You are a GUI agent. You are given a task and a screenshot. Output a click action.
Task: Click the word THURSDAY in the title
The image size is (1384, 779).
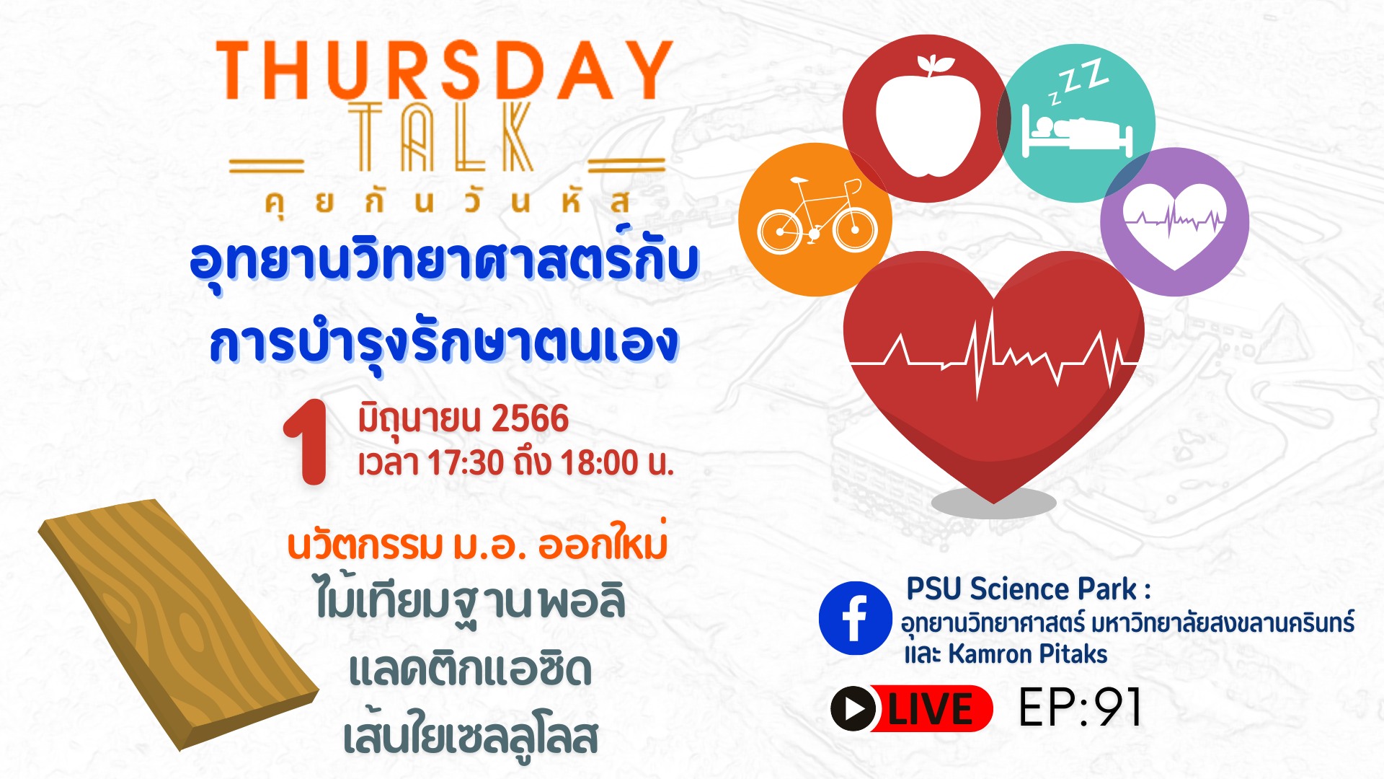pos(444,70)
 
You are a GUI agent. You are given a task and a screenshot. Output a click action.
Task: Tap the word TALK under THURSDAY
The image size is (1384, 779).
pos(441,137)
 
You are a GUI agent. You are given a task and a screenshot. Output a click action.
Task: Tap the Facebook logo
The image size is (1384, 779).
pos(855,618)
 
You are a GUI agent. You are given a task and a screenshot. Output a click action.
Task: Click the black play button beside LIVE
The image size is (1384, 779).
pos(853,708)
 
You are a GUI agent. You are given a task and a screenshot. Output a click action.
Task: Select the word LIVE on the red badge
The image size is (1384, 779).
pos(930,708)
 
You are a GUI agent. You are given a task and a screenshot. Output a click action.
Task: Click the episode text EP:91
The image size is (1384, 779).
pos(1079,707)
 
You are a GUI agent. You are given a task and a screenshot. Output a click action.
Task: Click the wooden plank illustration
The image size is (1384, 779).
pos(178,624)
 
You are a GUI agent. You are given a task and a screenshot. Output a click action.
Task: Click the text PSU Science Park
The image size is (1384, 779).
pos(1021,589)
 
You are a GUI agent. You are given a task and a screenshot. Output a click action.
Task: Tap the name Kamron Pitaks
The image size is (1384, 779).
pos(1027,653)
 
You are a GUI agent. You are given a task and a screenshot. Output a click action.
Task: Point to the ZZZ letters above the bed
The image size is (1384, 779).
pos(1078,79)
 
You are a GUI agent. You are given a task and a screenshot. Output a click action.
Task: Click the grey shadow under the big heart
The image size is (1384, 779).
pos(993,503)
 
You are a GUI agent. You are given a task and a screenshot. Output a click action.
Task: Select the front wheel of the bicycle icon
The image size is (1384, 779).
pos(855,229)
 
